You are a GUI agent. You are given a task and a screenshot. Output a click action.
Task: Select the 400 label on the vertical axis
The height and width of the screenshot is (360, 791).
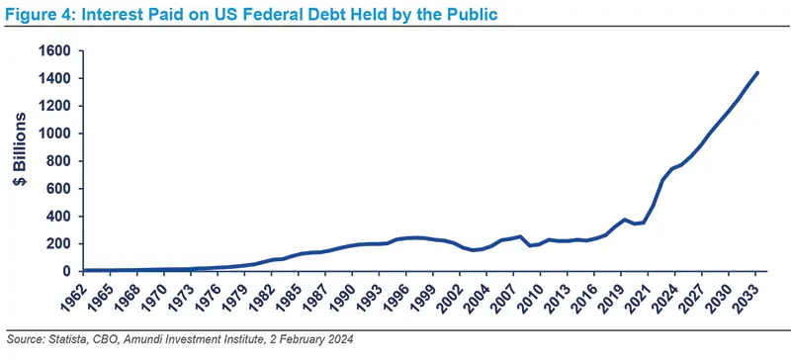coord(61,216)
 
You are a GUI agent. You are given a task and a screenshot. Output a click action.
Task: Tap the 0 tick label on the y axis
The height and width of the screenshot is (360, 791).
coord(70,271)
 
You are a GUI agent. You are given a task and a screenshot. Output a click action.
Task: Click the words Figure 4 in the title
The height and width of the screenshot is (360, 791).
coord(37,14)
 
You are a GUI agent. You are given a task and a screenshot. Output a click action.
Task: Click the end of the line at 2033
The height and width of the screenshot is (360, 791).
coord(757,72)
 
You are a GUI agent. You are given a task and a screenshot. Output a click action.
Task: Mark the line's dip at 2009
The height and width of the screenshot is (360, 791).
coord(531,245)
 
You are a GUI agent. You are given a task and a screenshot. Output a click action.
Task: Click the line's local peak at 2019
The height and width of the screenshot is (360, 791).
coord(625,220)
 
